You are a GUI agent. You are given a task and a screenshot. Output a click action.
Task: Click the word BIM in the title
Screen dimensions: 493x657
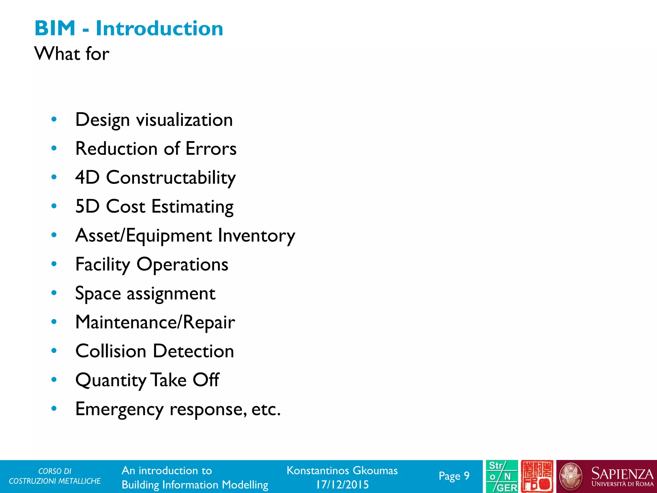pyautogui.click(x=55, y=28)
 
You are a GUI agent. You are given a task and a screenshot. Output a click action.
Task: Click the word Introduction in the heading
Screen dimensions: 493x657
pyautogui.click(x=159, y=28)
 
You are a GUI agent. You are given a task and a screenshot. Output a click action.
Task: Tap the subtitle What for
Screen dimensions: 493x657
pyautogui.click(x=72, y=53)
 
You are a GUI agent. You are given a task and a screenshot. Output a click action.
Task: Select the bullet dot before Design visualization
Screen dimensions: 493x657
pyautogui.click(x=54, y=119)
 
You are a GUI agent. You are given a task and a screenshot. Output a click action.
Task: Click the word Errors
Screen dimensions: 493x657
pyautogui.click(x=211, y=149)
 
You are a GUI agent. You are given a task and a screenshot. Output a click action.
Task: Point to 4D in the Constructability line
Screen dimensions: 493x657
pyautogui.click(x=87, y=177)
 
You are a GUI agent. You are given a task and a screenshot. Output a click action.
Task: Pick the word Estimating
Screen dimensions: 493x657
pyautogui.click(x=192, y=206)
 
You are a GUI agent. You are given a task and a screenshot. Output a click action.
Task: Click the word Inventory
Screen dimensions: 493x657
pyautogui.click(x=256, y=236)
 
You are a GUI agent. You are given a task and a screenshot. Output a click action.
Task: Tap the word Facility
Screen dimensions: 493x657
pyautogui.click(x=103, y=264)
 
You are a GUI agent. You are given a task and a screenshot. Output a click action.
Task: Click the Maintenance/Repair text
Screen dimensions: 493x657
pyautogui.click(x=155, y=322)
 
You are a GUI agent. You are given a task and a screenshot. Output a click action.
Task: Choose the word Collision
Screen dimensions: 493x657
pyautogui.click(x=111, y=351)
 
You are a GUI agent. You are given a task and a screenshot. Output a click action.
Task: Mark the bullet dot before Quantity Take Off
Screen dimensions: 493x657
pyautogui.click(x=54, y=380)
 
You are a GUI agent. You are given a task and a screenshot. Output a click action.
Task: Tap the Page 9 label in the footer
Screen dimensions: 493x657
pyautogui.click(x=454, y=476)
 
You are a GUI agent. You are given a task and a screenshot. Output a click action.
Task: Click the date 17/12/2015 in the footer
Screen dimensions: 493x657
pyautogui.click(x=342, y=484)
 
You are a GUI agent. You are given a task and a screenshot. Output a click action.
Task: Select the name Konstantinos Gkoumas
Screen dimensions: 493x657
pyautogui.click(x=342, y=471)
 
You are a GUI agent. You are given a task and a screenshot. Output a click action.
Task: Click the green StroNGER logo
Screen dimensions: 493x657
pyautogui.click(x=502, y=476)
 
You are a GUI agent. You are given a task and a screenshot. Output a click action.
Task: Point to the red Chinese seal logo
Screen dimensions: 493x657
pyautogui.click(x=537, y=476)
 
